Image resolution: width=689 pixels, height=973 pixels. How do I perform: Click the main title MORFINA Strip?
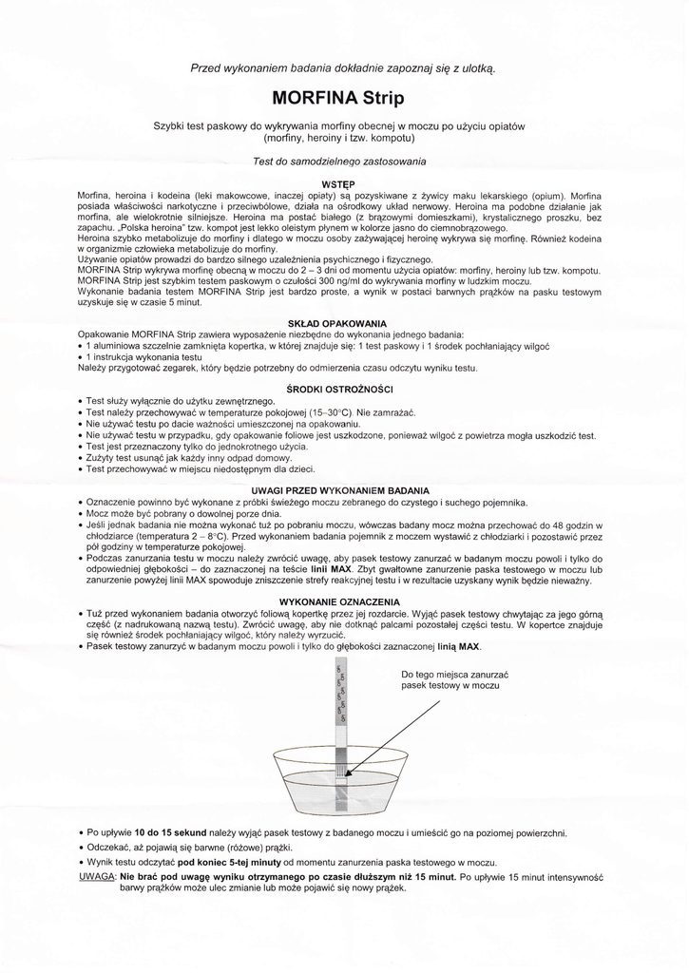tap(337, 98)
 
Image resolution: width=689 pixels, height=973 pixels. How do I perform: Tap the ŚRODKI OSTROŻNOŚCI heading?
tap(339, 390)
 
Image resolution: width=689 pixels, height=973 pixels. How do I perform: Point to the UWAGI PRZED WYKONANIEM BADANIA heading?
tap(339, 490)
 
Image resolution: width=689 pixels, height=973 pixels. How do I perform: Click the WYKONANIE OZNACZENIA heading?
tap(339, 602)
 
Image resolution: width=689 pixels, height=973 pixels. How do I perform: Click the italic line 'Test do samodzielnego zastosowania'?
tap(339, 161)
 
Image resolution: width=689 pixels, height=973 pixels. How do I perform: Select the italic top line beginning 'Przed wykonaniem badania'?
tap(343, 68)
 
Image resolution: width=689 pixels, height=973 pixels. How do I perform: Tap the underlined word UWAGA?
tap(95, 877)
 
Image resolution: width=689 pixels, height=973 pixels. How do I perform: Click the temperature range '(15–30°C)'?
tap(328, 413)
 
